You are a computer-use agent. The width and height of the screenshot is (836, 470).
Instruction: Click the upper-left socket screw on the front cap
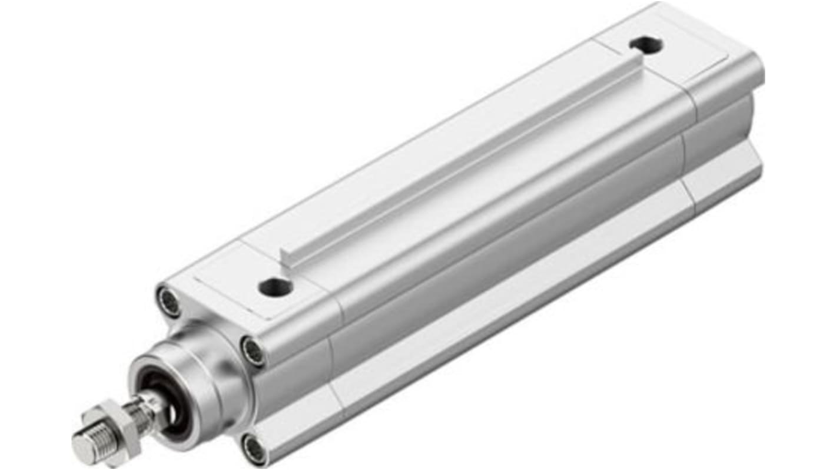click(169, 302)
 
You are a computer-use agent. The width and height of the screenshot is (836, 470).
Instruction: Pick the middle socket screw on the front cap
click(253, 352)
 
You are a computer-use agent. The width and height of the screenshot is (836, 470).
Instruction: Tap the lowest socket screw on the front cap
click(254, 449)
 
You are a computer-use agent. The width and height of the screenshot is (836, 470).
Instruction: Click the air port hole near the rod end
click(275, 287)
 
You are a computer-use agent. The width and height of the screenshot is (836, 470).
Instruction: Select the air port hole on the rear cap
click(646, 44)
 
